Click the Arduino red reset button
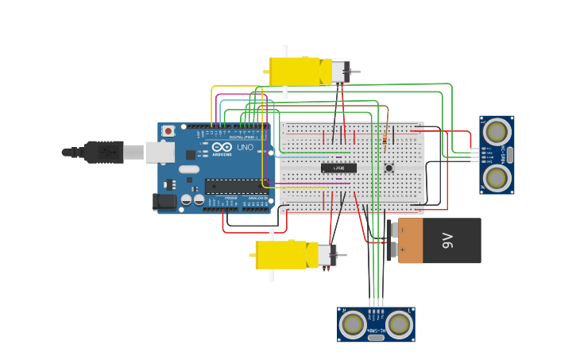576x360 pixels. [168, 131]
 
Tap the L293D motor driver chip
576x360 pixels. [338, 168]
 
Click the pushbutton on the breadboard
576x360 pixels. [389, 168]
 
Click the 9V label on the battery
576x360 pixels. [447, 240]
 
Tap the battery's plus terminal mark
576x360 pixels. [403, 250]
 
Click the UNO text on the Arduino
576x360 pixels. [245, 148]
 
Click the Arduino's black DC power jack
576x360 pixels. [164, 202]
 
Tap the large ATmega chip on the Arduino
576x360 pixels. [236, 187]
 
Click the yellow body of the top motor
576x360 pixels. [294, 72]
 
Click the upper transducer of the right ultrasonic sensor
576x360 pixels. [497, 131]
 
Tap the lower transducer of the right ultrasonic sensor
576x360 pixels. [497, 178]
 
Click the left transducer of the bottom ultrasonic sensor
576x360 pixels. [353, 324]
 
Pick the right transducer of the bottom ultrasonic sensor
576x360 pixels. [400, 324]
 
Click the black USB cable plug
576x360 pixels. [103, 151]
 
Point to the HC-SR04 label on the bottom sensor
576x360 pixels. [376, 331]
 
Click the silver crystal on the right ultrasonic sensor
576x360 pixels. [509, 155]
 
